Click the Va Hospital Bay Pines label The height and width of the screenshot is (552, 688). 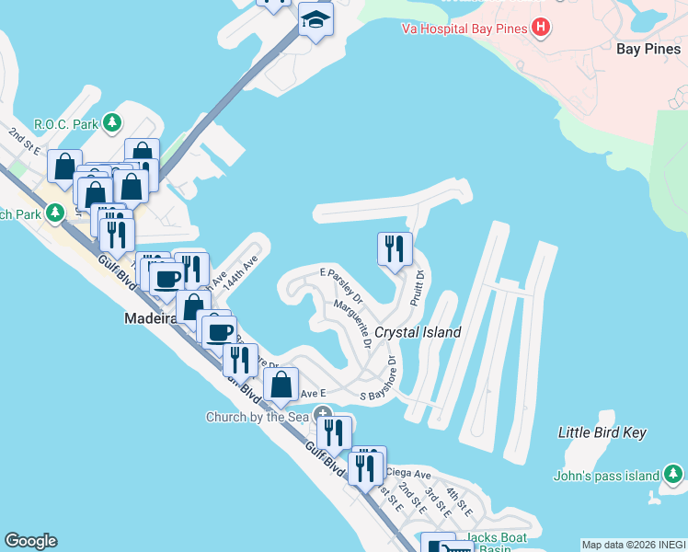(464, 29)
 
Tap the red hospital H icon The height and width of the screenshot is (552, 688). (541, 28)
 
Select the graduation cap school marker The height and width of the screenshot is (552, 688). (315, 19)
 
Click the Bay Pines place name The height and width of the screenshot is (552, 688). (647, 48)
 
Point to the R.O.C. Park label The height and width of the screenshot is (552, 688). (66, 123)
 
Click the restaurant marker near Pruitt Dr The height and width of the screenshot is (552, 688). (395, 248)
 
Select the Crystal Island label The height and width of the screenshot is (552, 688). (418, 332)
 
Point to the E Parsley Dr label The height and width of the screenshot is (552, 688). (341, 285)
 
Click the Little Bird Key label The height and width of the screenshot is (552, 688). (602, 432)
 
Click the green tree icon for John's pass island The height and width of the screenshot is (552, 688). (673, 475)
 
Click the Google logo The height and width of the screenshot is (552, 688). (30, 541)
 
